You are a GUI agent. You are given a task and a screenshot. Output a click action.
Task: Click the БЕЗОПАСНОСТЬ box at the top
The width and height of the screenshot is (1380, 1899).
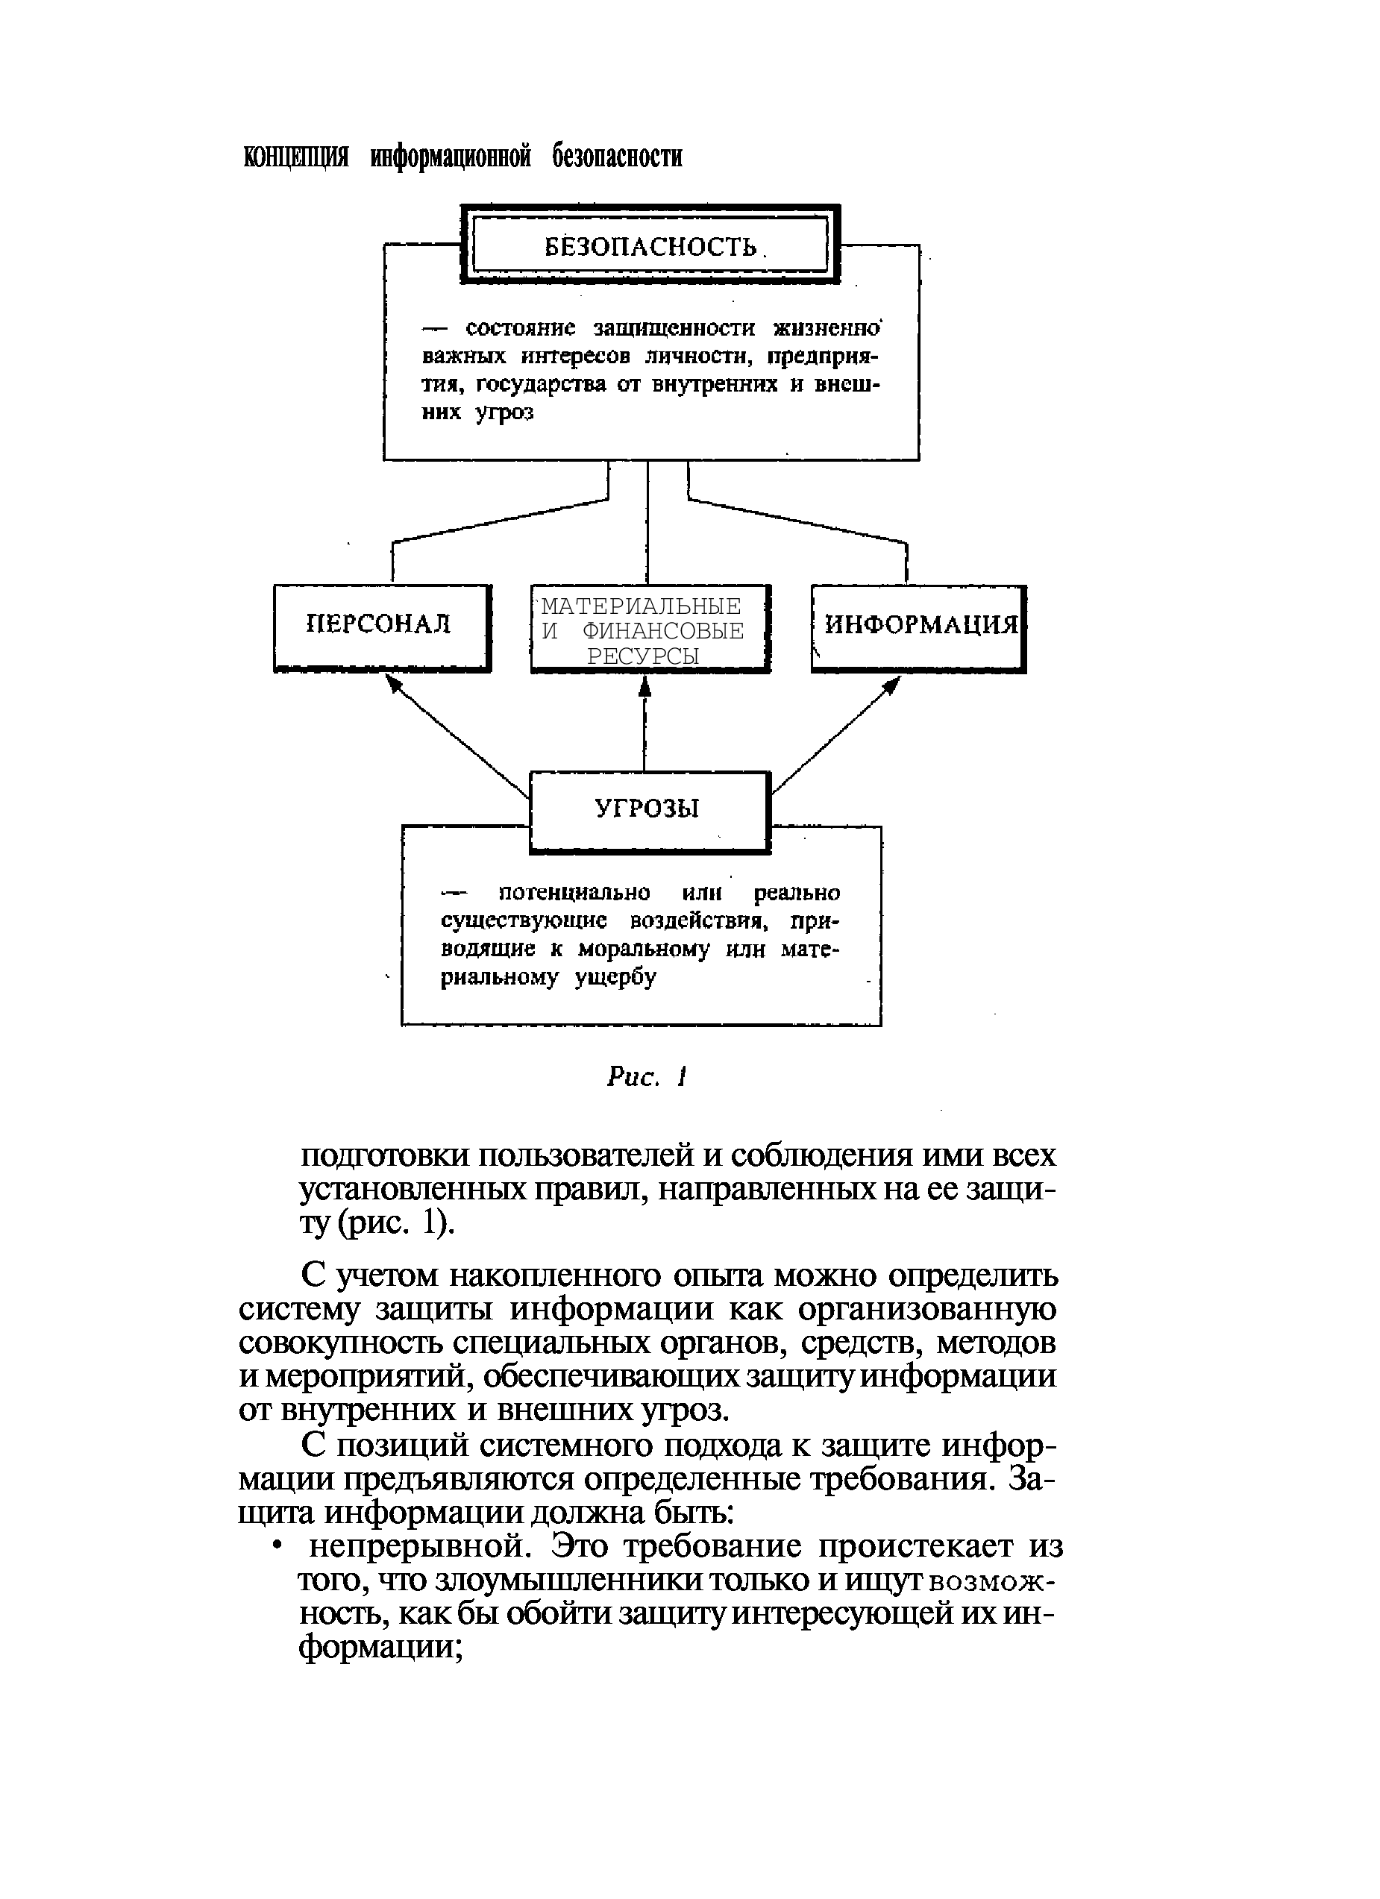pos(650,246)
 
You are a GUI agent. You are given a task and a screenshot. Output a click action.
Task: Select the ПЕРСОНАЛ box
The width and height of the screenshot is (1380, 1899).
pos(381,627)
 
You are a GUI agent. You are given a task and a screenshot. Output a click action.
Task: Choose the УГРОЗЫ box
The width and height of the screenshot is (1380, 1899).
pos(649,810)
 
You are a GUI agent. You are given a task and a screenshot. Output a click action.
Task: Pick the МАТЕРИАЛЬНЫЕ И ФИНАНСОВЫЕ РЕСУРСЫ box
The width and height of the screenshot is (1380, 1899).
pos(649,629)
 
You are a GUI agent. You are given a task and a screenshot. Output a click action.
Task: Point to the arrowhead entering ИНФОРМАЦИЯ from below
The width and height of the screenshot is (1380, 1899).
pos(893,684)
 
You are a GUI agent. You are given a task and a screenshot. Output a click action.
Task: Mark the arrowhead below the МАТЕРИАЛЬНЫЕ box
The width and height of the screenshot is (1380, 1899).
pos(644,685)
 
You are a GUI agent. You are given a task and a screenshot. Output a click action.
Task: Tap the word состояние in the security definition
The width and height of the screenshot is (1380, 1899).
pos(526,327)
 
